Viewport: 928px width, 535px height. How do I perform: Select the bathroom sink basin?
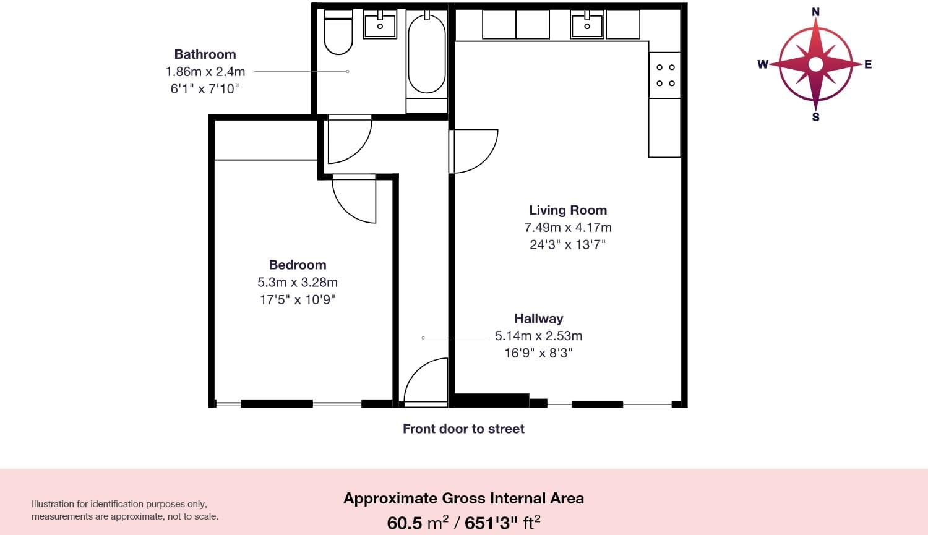[x=380, y=25]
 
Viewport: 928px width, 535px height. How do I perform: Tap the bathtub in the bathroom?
[x=426, y=54]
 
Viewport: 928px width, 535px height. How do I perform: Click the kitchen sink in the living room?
[x=587, y=25]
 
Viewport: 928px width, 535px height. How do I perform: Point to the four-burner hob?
[x=665, y=75]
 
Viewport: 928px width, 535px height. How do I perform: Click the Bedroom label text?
[x=298, y=265]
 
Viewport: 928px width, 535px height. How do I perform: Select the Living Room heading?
[x=567, y=210]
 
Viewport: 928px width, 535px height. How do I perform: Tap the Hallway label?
[x=538, y=319]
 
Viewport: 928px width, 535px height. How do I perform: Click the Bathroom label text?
[x=205, y=54]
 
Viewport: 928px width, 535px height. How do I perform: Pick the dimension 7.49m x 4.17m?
[x=567, y=228]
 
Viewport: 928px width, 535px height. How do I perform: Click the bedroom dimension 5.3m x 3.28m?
[x=298, y=282]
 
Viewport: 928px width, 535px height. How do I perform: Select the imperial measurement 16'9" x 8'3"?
[x=538, y=353]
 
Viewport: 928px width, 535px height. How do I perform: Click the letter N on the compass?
[x=815, y=12]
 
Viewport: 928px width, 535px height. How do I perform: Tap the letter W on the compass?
[x=763, y=64]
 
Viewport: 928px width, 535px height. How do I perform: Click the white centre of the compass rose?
[x=815, y=64]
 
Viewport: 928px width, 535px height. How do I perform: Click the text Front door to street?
[x=463, y=429]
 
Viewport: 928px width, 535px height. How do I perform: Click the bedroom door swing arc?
[x=351, y=201]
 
